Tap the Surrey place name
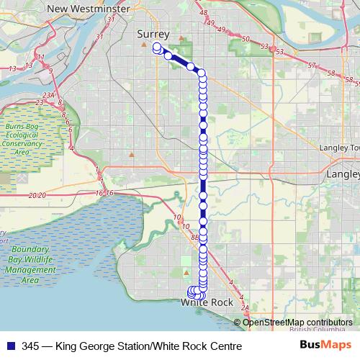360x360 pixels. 152,34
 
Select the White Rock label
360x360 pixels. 206,303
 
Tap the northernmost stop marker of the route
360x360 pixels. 156,48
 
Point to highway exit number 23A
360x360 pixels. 49,95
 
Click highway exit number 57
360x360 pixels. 311,66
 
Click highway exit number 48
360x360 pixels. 204,13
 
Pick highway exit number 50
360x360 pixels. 246,38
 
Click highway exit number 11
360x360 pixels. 40,57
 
